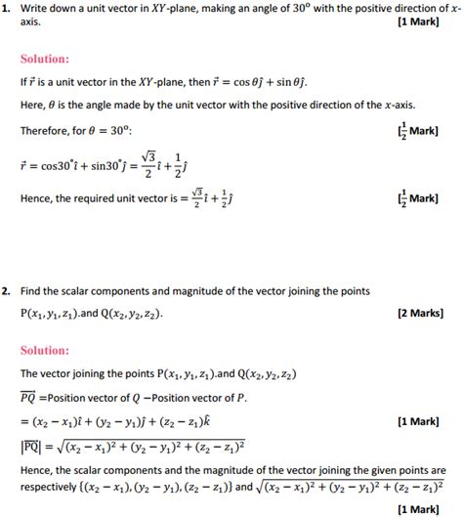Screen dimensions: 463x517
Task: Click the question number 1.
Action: point(6,9)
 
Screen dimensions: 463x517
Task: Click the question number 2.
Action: point(6,291)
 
